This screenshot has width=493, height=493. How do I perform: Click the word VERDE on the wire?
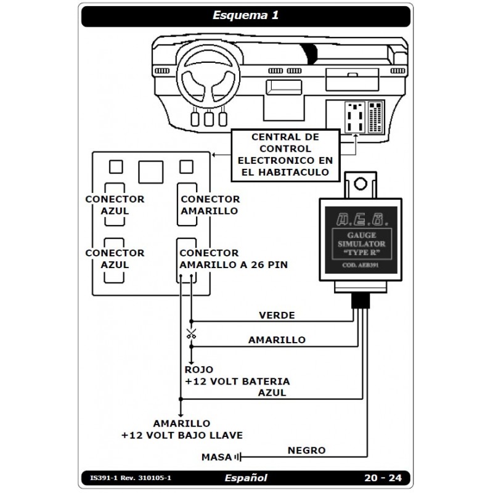pyautogui.click(x=277, y=315)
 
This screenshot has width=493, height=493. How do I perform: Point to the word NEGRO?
pyautogui.click(x=306, y=450)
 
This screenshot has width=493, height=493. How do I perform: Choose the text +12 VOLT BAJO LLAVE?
pyautogui.click(x=182, y=435)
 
